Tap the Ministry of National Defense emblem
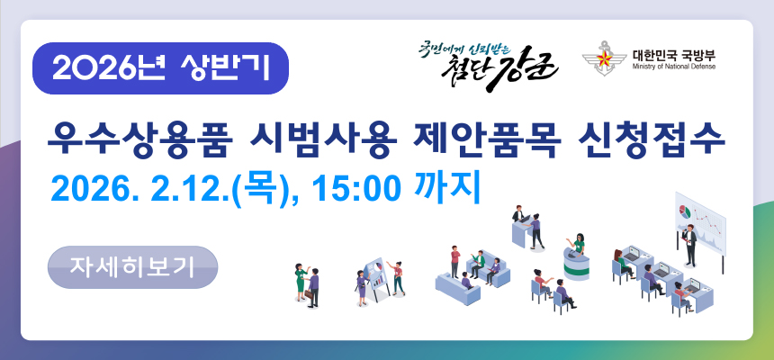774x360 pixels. tap(601, 60)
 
